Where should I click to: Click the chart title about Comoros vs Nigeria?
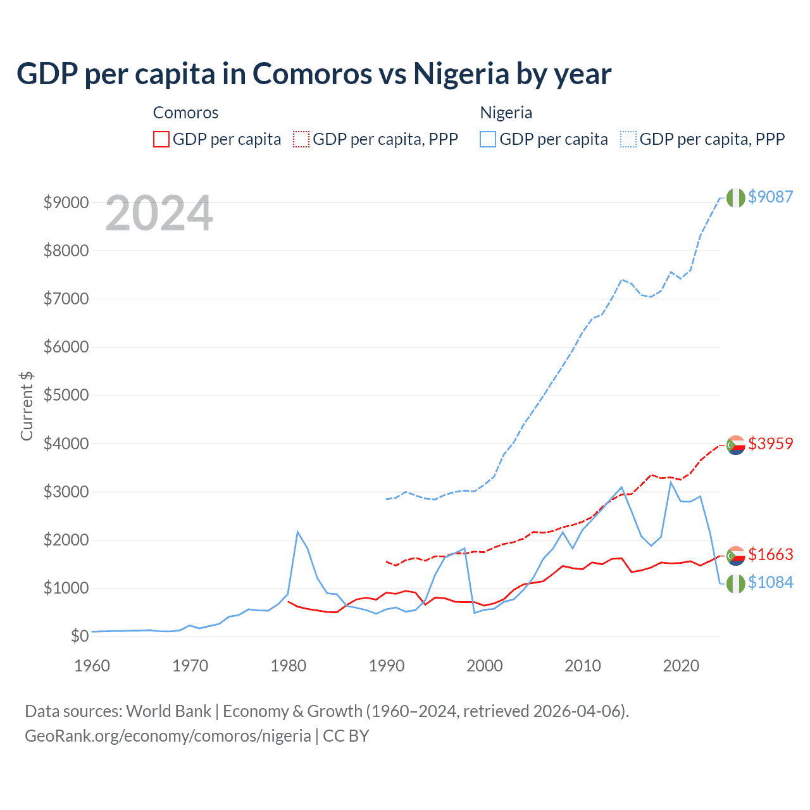[x=314, y=73]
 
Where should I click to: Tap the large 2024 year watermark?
[x=159, y=214]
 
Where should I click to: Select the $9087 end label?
[x=770, y=197]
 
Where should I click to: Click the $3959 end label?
[x=770, y=444]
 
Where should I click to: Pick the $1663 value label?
[x=770, y=554]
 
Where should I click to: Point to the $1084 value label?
[x=770, y=582]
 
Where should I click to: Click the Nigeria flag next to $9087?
[x=735, y=197]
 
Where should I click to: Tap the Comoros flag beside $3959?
[x=735, y=445]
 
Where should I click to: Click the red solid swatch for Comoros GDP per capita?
[x=161, y=139]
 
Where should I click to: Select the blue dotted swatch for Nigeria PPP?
[x=628, y=139]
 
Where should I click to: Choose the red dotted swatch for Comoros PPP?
[x=301, y=139]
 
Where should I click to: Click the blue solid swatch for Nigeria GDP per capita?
[x=488, y=139]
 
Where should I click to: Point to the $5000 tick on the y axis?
[x=66, y=396]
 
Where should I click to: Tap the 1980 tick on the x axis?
[x=289, y=666]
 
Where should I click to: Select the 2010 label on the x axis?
[x=583, y=666]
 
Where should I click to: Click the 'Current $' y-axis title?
[x=27, y=406]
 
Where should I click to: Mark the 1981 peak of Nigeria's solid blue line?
[x=297, y=532]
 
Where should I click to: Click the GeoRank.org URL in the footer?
[x=168, y=736]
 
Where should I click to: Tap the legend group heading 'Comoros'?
[x=185, y=113]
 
